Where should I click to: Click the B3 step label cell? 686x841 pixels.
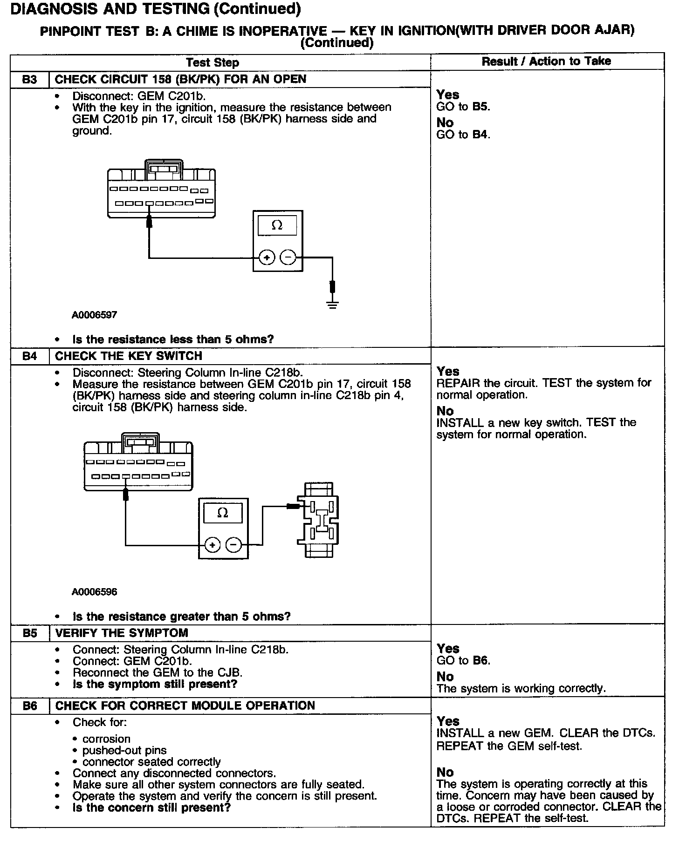click(x=29, y=79)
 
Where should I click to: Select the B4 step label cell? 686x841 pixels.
click(x=29, y=356)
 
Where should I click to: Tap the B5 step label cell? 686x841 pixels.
click(x=29, y=633)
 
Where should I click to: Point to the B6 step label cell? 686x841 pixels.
click(x=29, y=706)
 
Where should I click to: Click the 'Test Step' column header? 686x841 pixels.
click(x=213, y=62)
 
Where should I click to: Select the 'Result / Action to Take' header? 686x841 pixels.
click(x=546, y=61)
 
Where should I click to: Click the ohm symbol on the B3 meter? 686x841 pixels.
click(x=277, y=225)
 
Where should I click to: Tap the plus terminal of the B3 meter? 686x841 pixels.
click(x=267, y=257)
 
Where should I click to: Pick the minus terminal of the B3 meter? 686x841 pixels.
click(x=288, y=257)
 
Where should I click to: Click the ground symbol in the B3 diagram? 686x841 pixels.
click(x=332, y=305)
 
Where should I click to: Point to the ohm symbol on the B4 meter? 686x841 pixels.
click(x=223, y=513)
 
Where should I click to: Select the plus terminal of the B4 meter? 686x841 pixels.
click(x=212, y=545)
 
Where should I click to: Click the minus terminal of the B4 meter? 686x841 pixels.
click(x=234, y=545)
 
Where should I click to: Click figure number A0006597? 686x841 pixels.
click(x=94, y=315)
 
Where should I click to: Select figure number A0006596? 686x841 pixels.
click(x=94, y=592)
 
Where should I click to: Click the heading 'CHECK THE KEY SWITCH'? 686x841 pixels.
click(x=129, y=356)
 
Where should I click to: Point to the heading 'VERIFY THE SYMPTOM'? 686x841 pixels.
click(x=122, y=633)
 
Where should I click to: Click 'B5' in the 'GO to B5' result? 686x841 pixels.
click(x=480, y=107)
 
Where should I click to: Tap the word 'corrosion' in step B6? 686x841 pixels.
click(x=106, y=739)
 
